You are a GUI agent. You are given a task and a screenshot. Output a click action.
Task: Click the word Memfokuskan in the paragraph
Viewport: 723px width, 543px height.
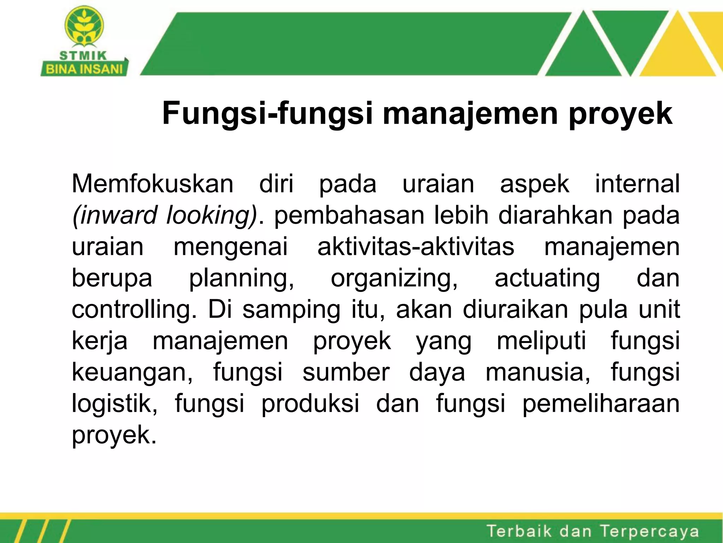click(153, 184)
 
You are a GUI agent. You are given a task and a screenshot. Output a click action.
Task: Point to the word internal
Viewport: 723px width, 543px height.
click(637, 184)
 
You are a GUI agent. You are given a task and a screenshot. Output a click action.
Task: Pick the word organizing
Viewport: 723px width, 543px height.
click(394, 278)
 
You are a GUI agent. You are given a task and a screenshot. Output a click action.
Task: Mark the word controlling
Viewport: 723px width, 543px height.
click(134, 310)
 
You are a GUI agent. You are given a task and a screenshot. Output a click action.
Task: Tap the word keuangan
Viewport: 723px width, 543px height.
click(132, 372)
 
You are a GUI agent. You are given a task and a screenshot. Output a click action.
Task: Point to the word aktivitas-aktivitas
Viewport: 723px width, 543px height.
click(416, 247)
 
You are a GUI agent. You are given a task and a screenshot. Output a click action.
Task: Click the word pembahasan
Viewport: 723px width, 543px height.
click(349, 215)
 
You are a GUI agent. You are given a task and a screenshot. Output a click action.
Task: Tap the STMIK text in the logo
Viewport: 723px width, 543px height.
click(83, 56)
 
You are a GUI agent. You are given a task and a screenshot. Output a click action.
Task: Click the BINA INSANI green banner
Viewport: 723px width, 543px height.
click(84, 69)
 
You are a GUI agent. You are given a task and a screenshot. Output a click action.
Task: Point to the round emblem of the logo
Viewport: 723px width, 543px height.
click(84, 26)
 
